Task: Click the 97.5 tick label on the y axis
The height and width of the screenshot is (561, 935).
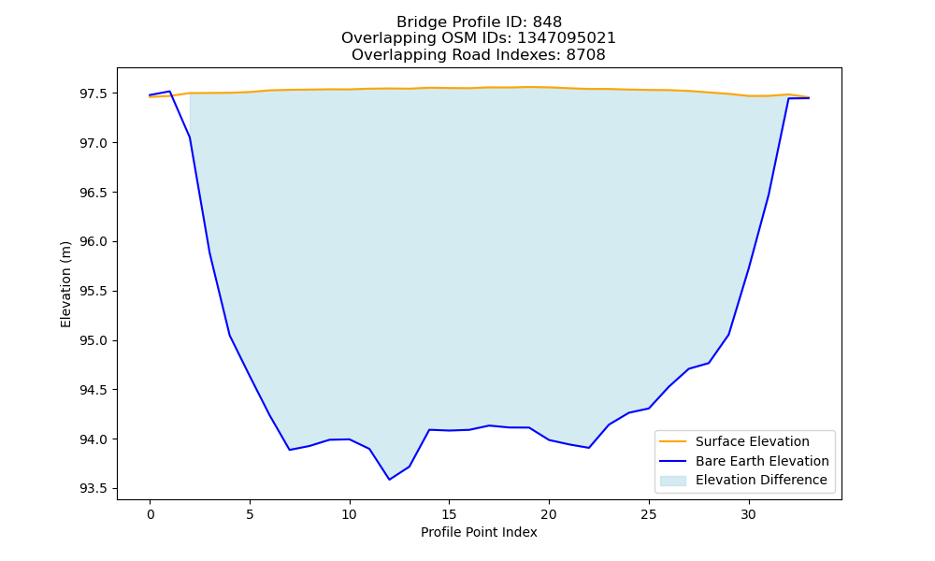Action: (x=93, y=94)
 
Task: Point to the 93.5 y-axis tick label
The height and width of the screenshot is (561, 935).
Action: (x=93, y=489)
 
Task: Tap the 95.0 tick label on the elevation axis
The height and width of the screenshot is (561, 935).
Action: (x=93, y=341)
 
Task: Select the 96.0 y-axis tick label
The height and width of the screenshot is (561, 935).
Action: (x=93, y=242)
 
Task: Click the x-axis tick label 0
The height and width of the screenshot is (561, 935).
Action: (x=151, y=514)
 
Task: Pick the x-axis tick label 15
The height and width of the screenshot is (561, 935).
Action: (x=449, y=514)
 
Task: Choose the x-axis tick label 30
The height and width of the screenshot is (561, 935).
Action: (x=748, y=514)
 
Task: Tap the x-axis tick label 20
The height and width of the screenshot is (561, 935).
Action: (x=549, y=514)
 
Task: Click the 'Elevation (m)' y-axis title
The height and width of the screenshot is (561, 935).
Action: (x=65, y=284)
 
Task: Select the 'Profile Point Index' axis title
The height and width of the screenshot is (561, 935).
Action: (x=479, y=532)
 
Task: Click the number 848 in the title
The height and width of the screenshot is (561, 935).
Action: (x=547, y=22)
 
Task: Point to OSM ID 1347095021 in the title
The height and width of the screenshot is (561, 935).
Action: (x=567, y=38)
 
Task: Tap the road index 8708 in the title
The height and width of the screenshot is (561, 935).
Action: (x=585, y=55)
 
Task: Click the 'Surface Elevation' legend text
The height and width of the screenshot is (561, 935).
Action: (x=753, y=441)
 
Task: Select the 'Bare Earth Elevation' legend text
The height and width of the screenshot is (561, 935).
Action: (x=762, y=461)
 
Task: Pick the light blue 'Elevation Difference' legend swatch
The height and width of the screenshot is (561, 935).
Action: (x=672, y=481)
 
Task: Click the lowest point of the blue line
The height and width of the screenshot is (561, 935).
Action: (x=389, y=480)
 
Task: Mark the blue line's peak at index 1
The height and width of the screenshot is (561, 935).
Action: (x=170, y=92)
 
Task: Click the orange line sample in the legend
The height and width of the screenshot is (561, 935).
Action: (x=672, y=441)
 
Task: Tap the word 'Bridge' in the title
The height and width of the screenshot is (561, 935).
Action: (x=417, y=22)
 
